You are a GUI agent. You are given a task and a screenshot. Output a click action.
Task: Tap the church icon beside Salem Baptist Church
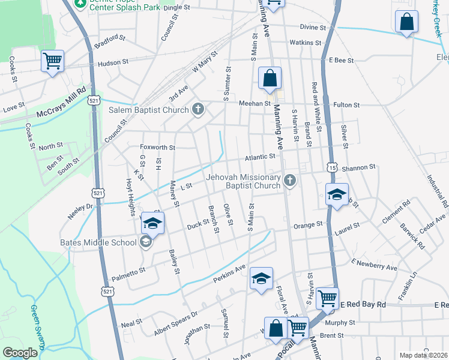click(x=199, y=109)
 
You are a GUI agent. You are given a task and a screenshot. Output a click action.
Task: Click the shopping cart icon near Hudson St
click(x=52, y=61)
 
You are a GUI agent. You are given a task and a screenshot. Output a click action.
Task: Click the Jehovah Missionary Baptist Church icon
click(x=290, y=181)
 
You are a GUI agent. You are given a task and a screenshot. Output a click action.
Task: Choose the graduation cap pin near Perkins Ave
click(x=261, y=278)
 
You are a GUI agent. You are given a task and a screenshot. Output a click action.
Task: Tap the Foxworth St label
click(x=157, y=147)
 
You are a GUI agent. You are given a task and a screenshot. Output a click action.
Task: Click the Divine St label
click(x=313, y=28)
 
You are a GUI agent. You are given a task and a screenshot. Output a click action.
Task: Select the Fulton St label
click(x=346, y=105)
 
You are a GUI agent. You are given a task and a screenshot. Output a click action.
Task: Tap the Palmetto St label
click(x=128, y=271)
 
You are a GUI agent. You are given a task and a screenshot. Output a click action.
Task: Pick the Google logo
click(x=20, y=353)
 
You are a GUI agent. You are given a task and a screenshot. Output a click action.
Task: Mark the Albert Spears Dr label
click(x=176, y=322)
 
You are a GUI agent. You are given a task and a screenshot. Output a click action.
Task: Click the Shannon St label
click(x=358, y=167)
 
